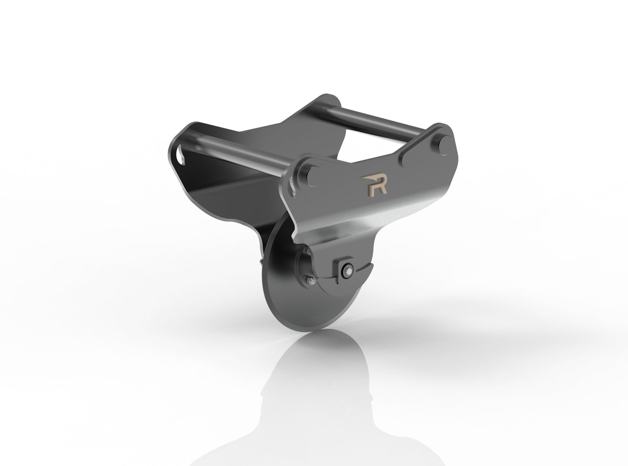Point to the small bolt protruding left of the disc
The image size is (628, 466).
(x=260, y=261)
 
